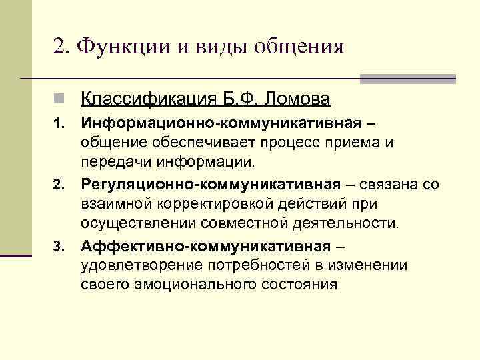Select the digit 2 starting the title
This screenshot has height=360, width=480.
click(x=58, y=46)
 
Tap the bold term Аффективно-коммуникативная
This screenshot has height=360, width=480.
click(x=205, y=247)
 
